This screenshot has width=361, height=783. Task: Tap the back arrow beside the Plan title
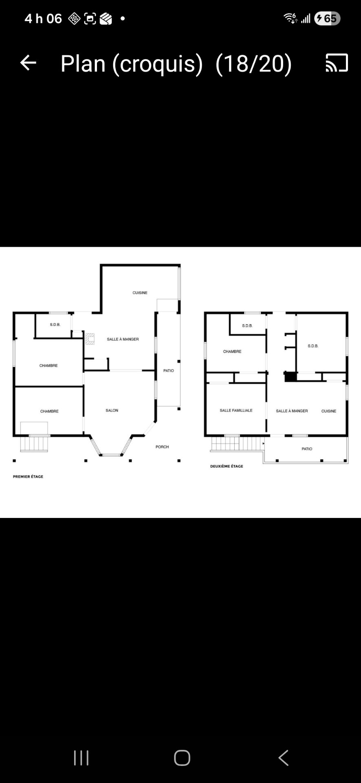[x=28, y=63]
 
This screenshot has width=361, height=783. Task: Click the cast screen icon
[x=337, y=63]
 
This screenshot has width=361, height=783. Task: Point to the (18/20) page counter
[x=253, y=63]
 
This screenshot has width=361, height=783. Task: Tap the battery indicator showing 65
[x=327, y=18]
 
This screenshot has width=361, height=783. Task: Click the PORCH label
[x=162, y=447]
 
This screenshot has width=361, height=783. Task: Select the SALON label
[x=112, y=410]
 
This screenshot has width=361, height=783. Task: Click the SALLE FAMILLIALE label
[x=236, y=410]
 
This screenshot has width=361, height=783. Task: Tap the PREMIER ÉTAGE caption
[x=28, y=476]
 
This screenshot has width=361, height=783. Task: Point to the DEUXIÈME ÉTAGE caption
[x=227, y=466]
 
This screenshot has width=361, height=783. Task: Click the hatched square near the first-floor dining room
[x=90, y=339]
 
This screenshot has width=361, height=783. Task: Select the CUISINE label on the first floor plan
[x=140, y=293]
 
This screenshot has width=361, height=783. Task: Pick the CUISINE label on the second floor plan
[x=329, y=411]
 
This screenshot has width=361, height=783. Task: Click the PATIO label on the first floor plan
[x=169, y=371]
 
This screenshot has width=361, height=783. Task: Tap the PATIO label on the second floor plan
[x=307, y=449]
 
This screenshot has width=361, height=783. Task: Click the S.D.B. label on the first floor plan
[x=55, y=325]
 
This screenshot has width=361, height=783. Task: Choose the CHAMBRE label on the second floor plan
[x=232, y=352]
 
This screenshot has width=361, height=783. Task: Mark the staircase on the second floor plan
[x=236, y=443]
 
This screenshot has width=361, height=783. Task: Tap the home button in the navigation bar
[x=182, y=758]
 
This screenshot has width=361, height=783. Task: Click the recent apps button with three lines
[x=81, y=758]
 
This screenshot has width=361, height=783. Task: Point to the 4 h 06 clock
[x=43, y=18]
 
